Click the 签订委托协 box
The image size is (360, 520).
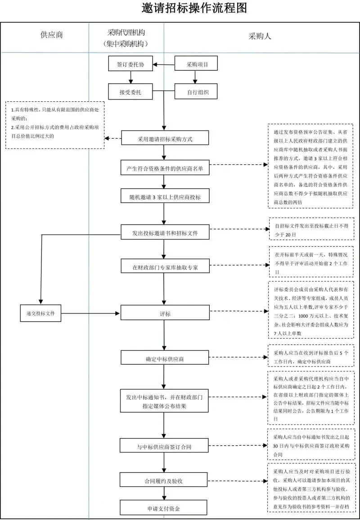click(130, 64)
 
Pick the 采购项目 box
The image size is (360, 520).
click(196, 64)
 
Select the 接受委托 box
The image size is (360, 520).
click(130, 92)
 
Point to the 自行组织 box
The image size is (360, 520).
click(196, 92)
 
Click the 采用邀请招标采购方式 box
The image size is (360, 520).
click(165, 139)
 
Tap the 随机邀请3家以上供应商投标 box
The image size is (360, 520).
click(165, 196)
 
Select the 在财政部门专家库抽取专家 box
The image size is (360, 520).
click(165, 266)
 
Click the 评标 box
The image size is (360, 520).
click(165, 312)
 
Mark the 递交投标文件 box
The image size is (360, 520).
click(41, 312)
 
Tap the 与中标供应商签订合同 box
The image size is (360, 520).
click(165, 446)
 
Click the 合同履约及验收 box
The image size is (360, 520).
click(165, 480)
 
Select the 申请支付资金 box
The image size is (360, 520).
click(165, 508)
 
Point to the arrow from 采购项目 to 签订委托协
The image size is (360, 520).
click(163, 64)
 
